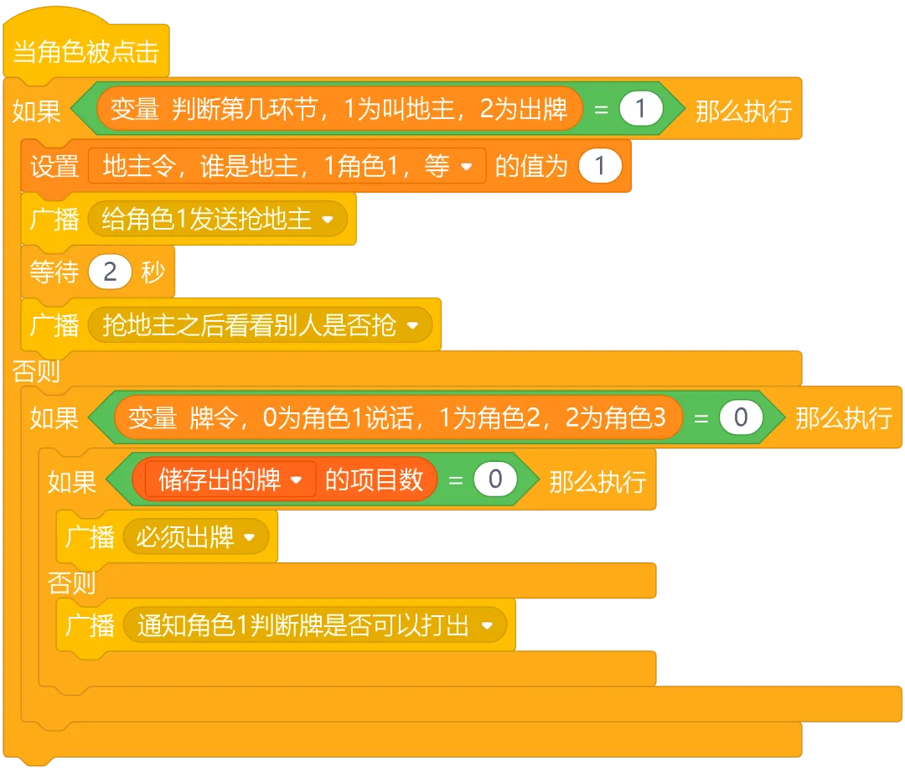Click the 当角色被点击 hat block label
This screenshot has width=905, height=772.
click(86, 52)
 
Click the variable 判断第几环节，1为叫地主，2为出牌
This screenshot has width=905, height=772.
click(339, 109)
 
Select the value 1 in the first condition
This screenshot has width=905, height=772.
click(641, 110)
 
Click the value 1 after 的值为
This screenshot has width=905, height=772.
click(600, 166)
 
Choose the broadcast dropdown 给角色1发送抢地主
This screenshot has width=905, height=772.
click(216, 220)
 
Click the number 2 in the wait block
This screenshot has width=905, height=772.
click(111, 272)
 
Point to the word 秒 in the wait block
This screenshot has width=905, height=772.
click(153, 272)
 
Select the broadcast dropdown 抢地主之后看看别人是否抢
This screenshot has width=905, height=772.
click(259, 325)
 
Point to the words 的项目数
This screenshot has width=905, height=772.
click(374, 480)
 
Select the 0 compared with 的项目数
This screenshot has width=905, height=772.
click(494, 480)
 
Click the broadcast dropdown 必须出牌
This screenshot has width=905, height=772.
click(196, 536)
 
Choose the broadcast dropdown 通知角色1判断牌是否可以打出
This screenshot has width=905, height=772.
click(314, 625)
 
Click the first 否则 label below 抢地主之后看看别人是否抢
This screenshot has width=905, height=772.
click(36, 371)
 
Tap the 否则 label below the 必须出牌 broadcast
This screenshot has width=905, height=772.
click(71, 582)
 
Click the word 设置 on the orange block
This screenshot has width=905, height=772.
click(54, 166)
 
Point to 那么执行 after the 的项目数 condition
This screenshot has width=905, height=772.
click(597, 482)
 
